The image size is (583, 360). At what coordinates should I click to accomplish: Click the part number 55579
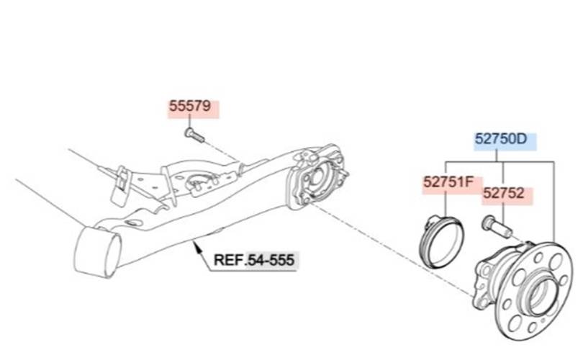point(190,107)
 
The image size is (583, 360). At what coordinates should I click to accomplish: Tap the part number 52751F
point(448,183)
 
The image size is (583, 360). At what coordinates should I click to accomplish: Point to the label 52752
point(504,193)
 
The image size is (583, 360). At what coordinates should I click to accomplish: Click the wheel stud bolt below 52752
point(497,226)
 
